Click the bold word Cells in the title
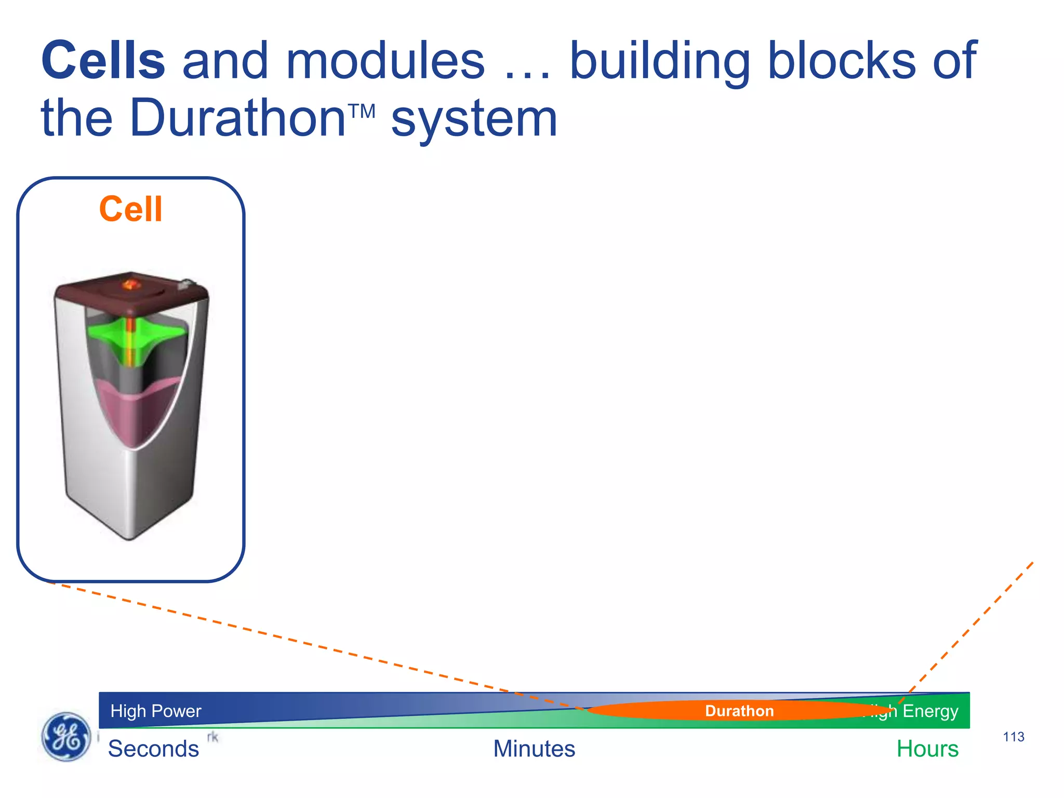point(103,61)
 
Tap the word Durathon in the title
point(237,118)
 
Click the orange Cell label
point(131,209)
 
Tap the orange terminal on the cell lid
point(130,284)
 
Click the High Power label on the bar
point(155,711)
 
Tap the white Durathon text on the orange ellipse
point(739,711)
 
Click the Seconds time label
point(153,749)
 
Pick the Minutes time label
point(534,749)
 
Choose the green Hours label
point(927,749)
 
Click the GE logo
point(66,736)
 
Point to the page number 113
point(1013,737)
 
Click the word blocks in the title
point(842,61)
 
